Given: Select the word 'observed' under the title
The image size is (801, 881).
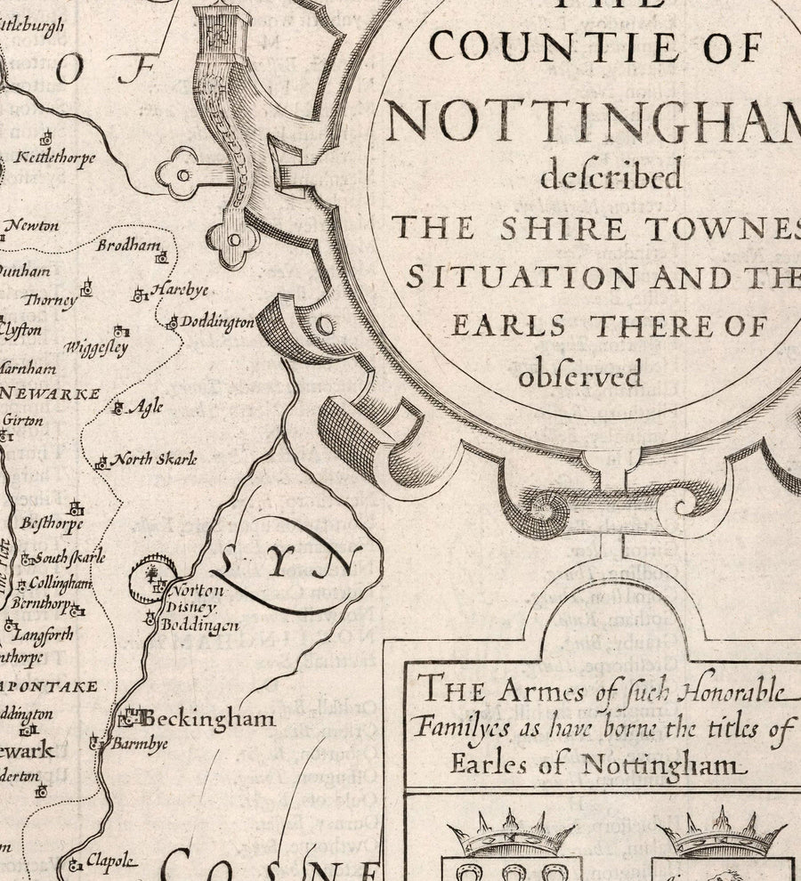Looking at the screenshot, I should pyautogui.click(x=579, y=376).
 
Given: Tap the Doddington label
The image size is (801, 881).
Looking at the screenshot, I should pyautogui.click(x=217, y=323).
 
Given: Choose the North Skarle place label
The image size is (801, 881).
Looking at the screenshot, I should pyautogui.click(x=158, y=459).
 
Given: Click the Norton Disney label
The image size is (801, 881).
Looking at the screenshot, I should pyautogui.click(x=195, y=597).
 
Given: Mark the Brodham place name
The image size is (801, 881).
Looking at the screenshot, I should pyautogui.click(x=129, y=246).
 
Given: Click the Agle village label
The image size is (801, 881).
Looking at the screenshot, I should pyautogui.click(x=146, y=408).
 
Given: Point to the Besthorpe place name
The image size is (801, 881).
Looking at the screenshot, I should pyautogui.click(x=53, y=523).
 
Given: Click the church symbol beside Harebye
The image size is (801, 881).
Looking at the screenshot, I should pyautogui.click(x=140, y=295).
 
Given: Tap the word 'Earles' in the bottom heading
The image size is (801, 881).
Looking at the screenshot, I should pyautogui.click(x=487, y=764).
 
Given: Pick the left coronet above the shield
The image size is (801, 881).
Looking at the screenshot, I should pyautogui.click(x=510, y=834).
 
